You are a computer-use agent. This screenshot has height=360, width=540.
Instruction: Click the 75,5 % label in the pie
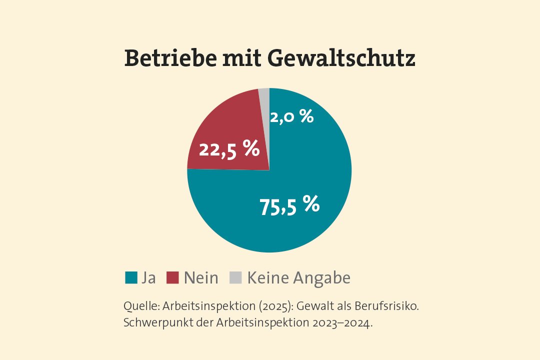tap(289, 205)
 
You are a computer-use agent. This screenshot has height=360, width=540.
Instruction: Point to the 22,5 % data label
tap(229, 149)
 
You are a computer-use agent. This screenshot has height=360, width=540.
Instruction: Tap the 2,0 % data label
tap(291, 117)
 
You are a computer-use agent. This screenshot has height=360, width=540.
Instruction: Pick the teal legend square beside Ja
tap(130, 277)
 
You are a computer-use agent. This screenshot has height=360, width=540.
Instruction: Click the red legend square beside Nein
tap(172, 277)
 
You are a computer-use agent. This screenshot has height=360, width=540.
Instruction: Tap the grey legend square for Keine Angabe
tap(235, 277)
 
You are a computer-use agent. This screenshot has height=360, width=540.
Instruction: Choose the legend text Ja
tap(148, 278)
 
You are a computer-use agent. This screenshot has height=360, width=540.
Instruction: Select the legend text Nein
tap(201, 278)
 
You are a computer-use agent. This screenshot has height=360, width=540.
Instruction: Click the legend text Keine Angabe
tap(299, 278)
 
